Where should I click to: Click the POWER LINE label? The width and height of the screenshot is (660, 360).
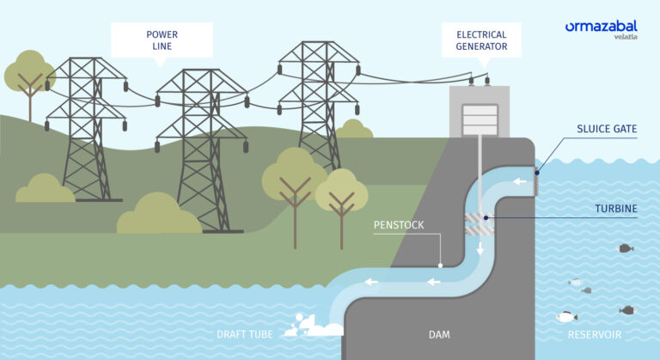162,40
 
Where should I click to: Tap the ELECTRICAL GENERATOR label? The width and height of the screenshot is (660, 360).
480,40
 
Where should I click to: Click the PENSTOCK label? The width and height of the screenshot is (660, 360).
397,225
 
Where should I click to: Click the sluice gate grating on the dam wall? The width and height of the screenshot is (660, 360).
538,181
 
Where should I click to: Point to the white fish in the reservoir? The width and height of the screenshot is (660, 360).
565,317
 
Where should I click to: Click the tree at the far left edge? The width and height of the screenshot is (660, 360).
29,78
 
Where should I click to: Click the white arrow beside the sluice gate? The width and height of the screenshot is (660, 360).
519,181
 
